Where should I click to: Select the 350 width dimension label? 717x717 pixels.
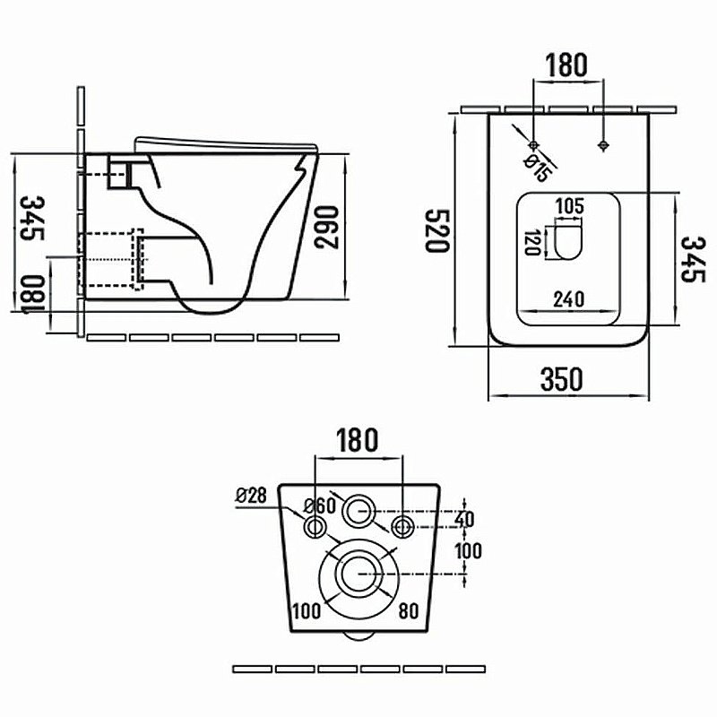point(562,379)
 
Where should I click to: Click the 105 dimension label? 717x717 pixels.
point(570,206)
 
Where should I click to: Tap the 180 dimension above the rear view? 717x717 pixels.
point(358,440)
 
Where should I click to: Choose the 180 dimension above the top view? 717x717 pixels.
point(566,65)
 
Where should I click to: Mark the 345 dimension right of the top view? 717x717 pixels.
point(690,259)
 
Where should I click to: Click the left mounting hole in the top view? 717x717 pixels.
point(534,144)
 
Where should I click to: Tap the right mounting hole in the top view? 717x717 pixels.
point(603,144)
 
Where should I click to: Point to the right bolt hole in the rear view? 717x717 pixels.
point(402,525)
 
